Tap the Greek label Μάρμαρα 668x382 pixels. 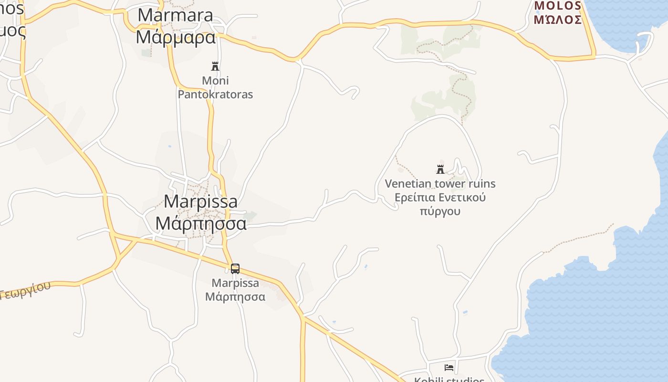pos(176,37)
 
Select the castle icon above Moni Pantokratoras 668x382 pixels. pos(215,66)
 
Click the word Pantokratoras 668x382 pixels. pos(215,94)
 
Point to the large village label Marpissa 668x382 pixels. pos(200,201)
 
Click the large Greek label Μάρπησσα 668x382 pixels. pos(201,223)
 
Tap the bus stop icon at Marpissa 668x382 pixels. pos(235,268)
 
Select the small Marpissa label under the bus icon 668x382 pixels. pos(235,283)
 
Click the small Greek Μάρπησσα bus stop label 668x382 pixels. pos(235,297)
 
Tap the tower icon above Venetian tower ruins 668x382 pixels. pos(440,169)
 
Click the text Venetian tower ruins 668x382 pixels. pos(440,183)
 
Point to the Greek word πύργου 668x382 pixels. pos(440,211)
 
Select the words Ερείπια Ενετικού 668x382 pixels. pos(440,197)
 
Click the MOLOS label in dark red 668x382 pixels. pos(558,6)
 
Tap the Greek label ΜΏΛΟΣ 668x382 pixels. pos(558,20)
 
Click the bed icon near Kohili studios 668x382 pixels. pos(449,367)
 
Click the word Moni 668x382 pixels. pos(215,80)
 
